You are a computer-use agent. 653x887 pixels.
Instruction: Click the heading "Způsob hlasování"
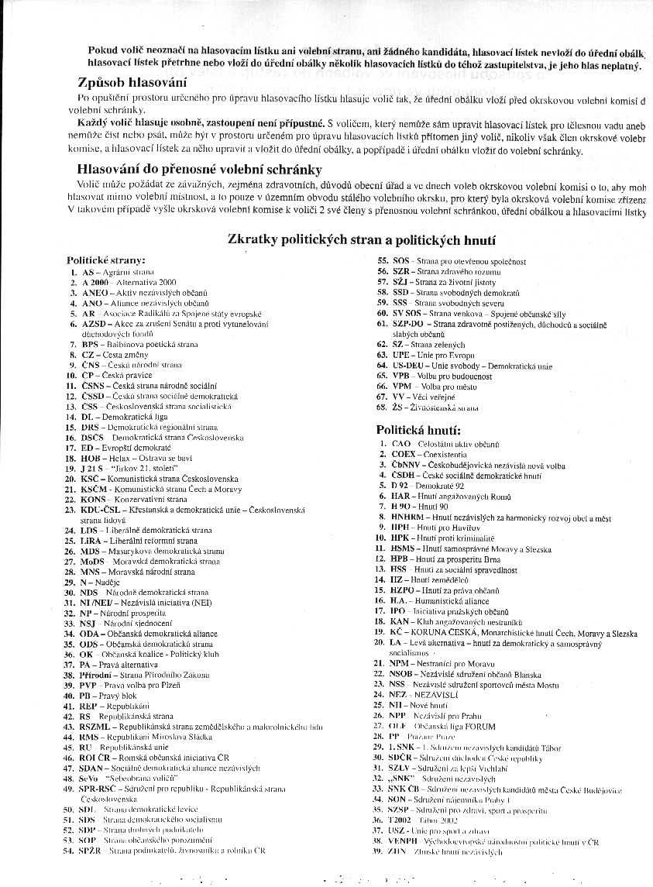132,83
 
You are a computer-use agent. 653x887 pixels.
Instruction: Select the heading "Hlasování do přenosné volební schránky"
199,170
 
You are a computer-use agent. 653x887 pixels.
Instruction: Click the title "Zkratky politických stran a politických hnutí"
362,240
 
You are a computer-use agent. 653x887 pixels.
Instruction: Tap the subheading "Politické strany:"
105,260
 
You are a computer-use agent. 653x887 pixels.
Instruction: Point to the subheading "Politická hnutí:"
418,429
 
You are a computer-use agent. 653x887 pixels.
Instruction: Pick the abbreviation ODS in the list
90,644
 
